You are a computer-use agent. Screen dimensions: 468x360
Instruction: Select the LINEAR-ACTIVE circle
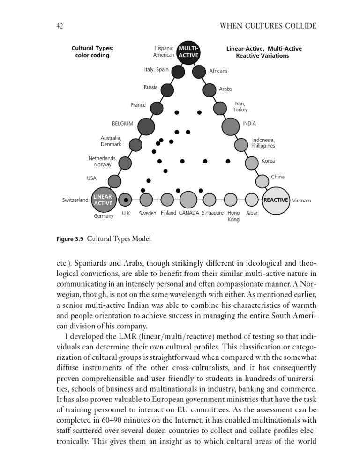[103, 200]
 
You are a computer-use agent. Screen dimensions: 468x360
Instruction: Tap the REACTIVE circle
[276, 200]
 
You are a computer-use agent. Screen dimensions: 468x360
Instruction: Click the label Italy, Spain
[156, 70]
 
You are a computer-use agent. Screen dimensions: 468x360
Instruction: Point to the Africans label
[218, 71]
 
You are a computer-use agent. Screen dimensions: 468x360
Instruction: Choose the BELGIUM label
[122, 124]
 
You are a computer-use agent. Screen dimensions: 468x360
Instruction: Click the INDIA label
[249, 124]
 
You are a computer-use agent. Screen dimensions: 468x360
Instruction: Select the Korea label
[268, 161]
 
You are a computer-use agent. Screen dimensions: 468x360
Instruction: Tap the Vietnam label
[301, 201]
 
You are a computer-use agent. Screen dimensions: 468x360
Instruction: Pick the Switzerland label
[75, 201]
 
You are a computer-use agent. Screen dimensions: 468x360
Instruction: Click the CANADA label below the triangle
[189, 213]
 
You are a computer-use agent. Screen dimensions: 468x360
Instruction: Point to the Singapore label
[212, 213]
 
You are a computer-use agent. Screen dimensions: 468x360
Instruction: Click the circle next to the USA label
[114, 181]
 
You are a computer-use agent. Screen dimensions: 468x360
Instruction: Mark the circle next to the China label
[262, 181]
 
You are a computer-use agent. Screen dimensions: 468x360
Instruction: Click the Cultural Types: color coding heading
[92, 52]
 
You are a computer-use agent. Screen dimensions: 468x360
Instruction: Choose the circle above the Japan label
[252, 200]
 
